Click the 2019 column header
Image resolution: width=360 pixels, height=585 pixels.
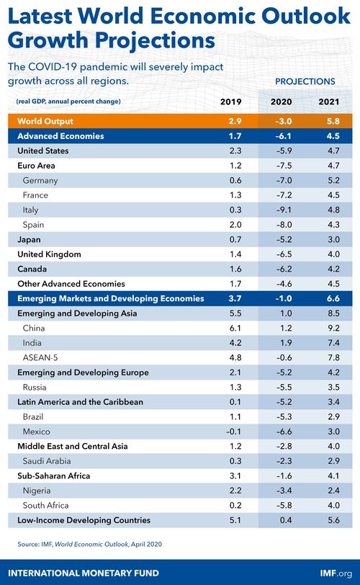coord(231,102)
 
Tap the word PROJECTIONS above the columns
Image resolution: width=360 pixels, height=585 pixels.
coord(305,82)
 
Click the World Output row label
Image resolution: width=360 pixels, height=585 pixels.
coord(45,121)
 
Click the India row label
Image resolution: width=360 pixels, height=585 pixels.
coord(33,343)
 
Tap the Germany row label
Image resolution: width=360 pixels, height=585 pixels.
coord(40,180)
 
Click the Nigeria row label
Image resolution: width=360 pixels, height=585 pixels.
coord(37,491)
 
